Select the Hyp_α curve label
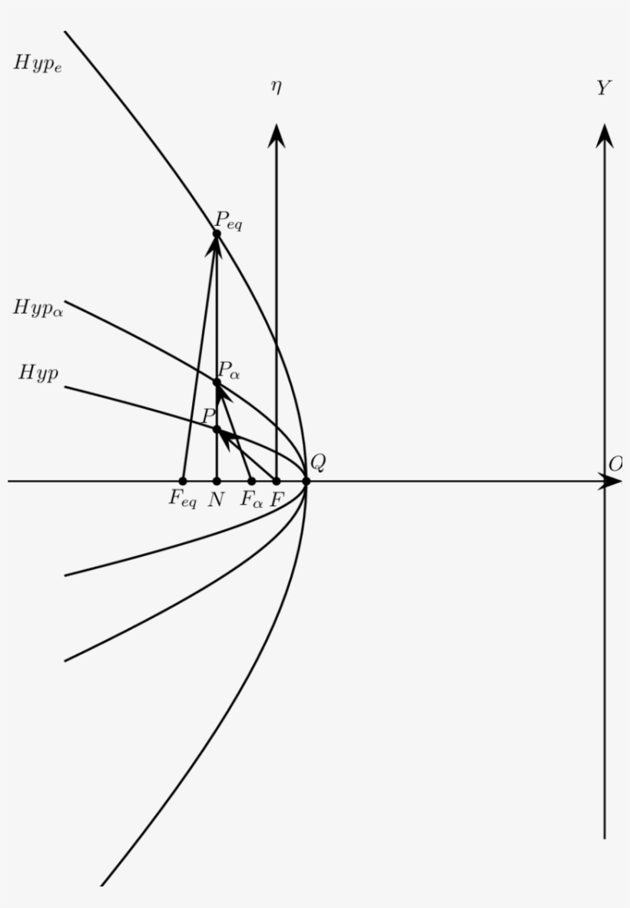(x=38, y=309)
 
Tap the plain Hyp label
(x=38, y=374)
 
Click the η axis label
(x=276, y=87)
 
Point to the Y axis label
(x=604, y=89)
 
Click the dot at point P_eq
(x=217, y=234)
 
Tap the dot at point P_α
(x=217, y=382)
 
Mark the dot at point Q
(x=306, y=482)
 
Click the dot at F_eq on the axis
(x=183, y=482)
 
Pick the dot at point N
(x=217, y=482)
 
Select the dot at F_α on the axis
(x=251, y=482)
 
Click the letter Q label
(x=318, y=462)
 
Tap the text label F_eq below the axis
(x=183, y=500)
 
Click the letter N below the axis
(x=217, y=499)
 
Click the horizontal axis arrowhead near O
(x=612, y=482)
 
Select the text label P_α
(x=229, y=373)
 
